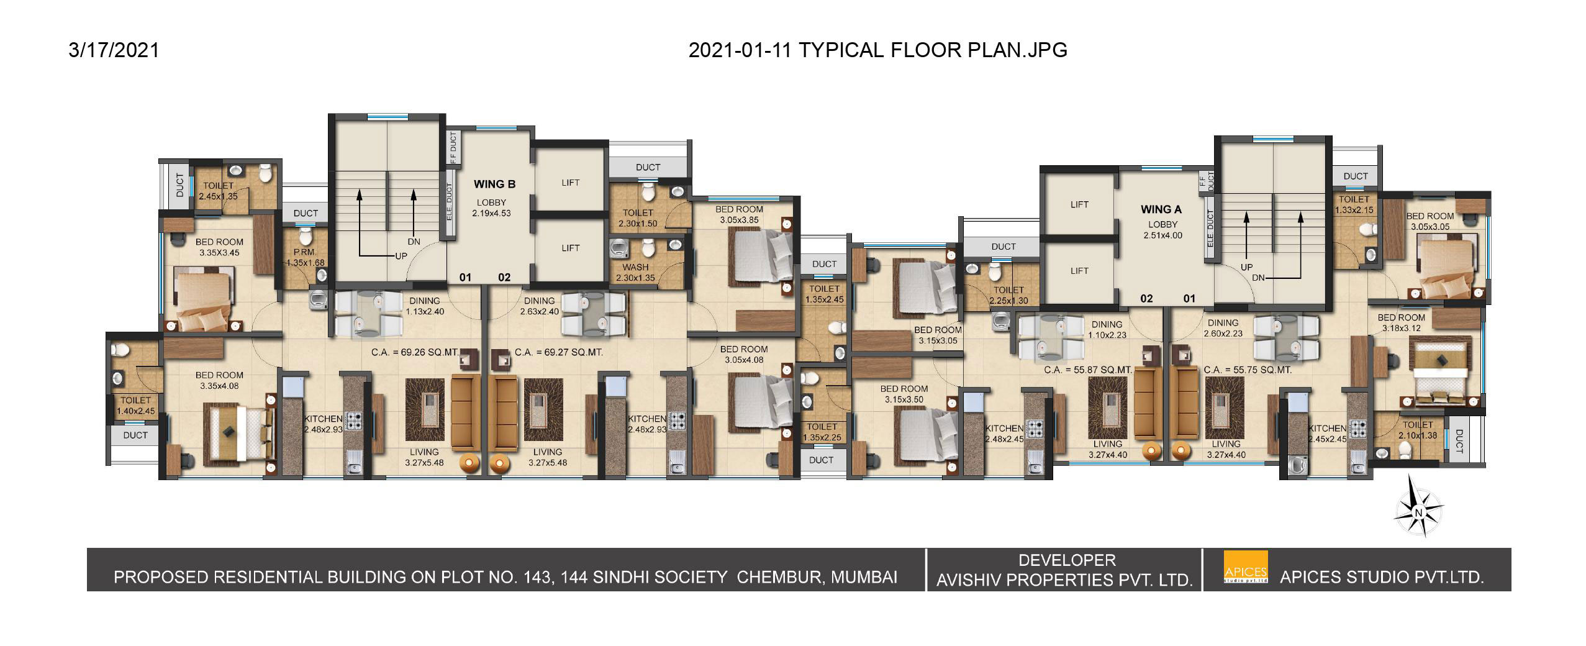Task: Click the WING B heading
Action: (x=494, y=184)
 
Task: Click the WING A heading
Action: (x=1161, y=209)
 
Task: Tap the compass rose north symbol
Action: (x=1418, y=513)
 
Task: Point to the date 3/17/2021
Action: (x=114, y=50)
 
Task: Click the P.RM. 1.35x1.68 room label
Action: (x=305, y=258)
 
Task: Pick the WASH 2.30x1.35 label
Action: (x=635, y=273)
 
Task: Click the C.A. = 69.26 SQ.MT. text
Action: (x=415, y=352)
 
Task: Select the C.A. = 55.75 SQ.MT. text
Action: (x=1248, y=370)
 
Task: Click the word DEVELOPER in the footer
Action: (x=1067, y=560)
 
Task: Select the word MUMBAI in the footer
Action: (x=864, y=577)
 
